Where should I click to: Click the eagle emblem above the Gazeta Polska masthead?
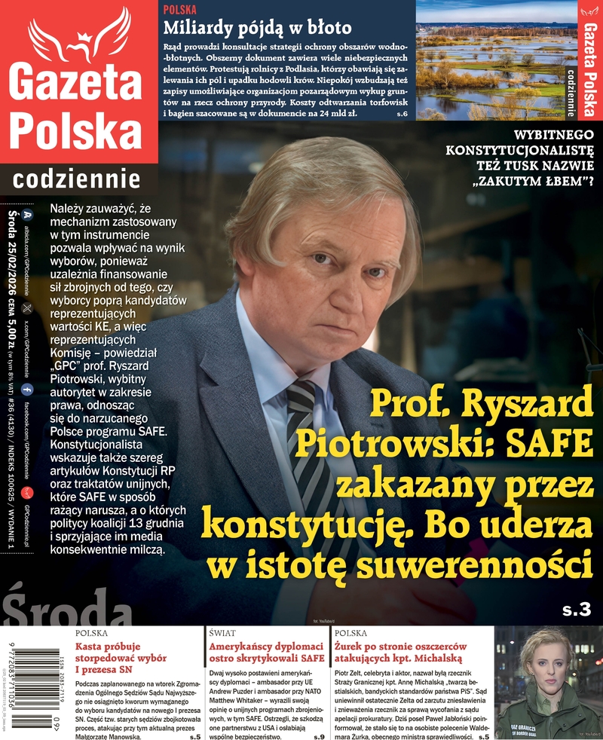point(79,35)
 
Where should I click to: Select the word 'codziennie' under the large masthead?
point(77,179)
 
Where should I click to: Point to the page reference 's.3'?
point(577,609)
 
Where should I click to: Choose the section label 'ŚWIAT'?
point(222,634)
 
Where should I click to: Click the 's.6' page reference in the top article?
point(401,113)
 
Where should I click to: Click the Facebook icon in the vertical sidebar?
point(27,389)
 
